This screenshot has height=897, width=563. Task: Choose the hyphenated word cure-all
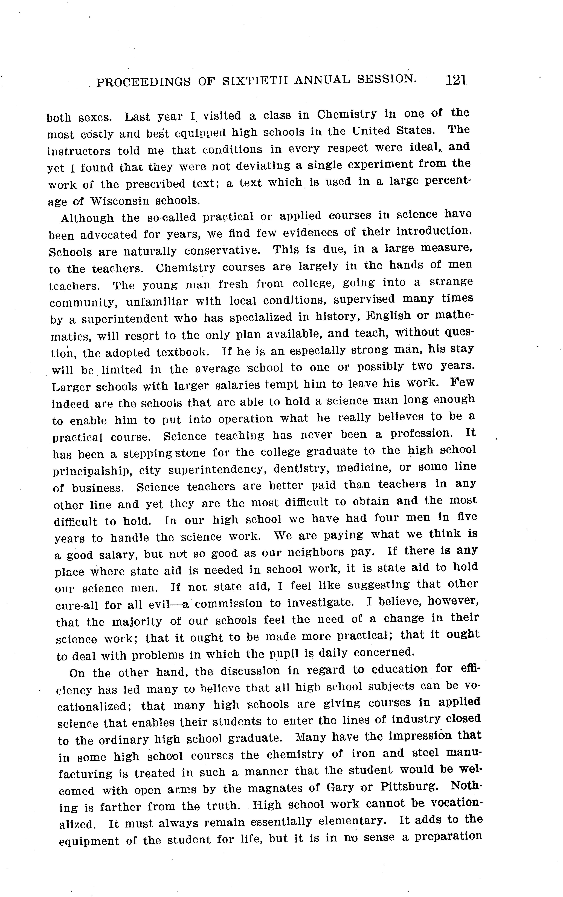(x=77, y=605)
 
